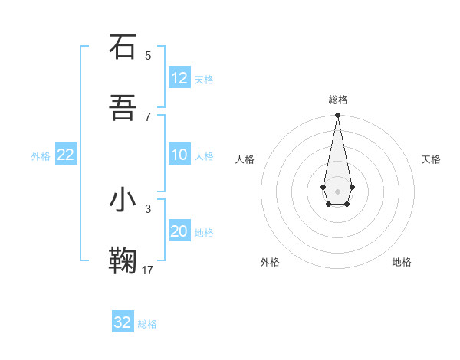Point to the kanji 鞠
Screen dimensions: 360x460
coord(123,260)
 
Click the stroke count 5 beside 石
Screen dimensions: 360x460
coord(148,55)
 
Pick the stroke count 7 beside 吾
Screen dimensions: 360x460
coord(148,116)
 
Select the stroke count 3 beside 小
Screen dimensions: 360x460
coord(148,208)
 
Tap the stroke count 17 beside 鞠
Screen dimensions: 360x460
coord(148,270)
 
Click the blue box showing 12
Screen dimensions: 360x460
coord(179,78)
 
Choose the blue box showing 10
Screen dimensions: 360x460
coord(179,155)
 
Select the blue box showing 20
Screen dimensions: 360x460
coord(179,231)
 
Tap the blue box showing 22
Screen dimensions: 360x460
coord(66,155)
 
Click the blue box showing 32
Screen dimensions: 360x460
coord(123,322)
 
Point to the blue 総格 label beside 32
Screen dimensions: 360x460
coord(147,324)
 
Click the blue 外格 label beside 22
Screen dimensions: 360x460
coord(41,156)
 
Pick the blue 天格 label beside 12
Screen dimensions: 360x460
coord(204,80)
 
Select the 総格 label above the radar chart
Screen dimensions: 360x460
coord(338,100)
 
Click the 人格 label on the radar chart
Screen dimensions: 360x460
coord(245,159)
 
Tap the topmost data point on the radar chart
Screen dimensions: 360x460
coord(337,115)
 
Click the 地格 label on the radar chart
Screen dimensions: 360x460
coord(402,262)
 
